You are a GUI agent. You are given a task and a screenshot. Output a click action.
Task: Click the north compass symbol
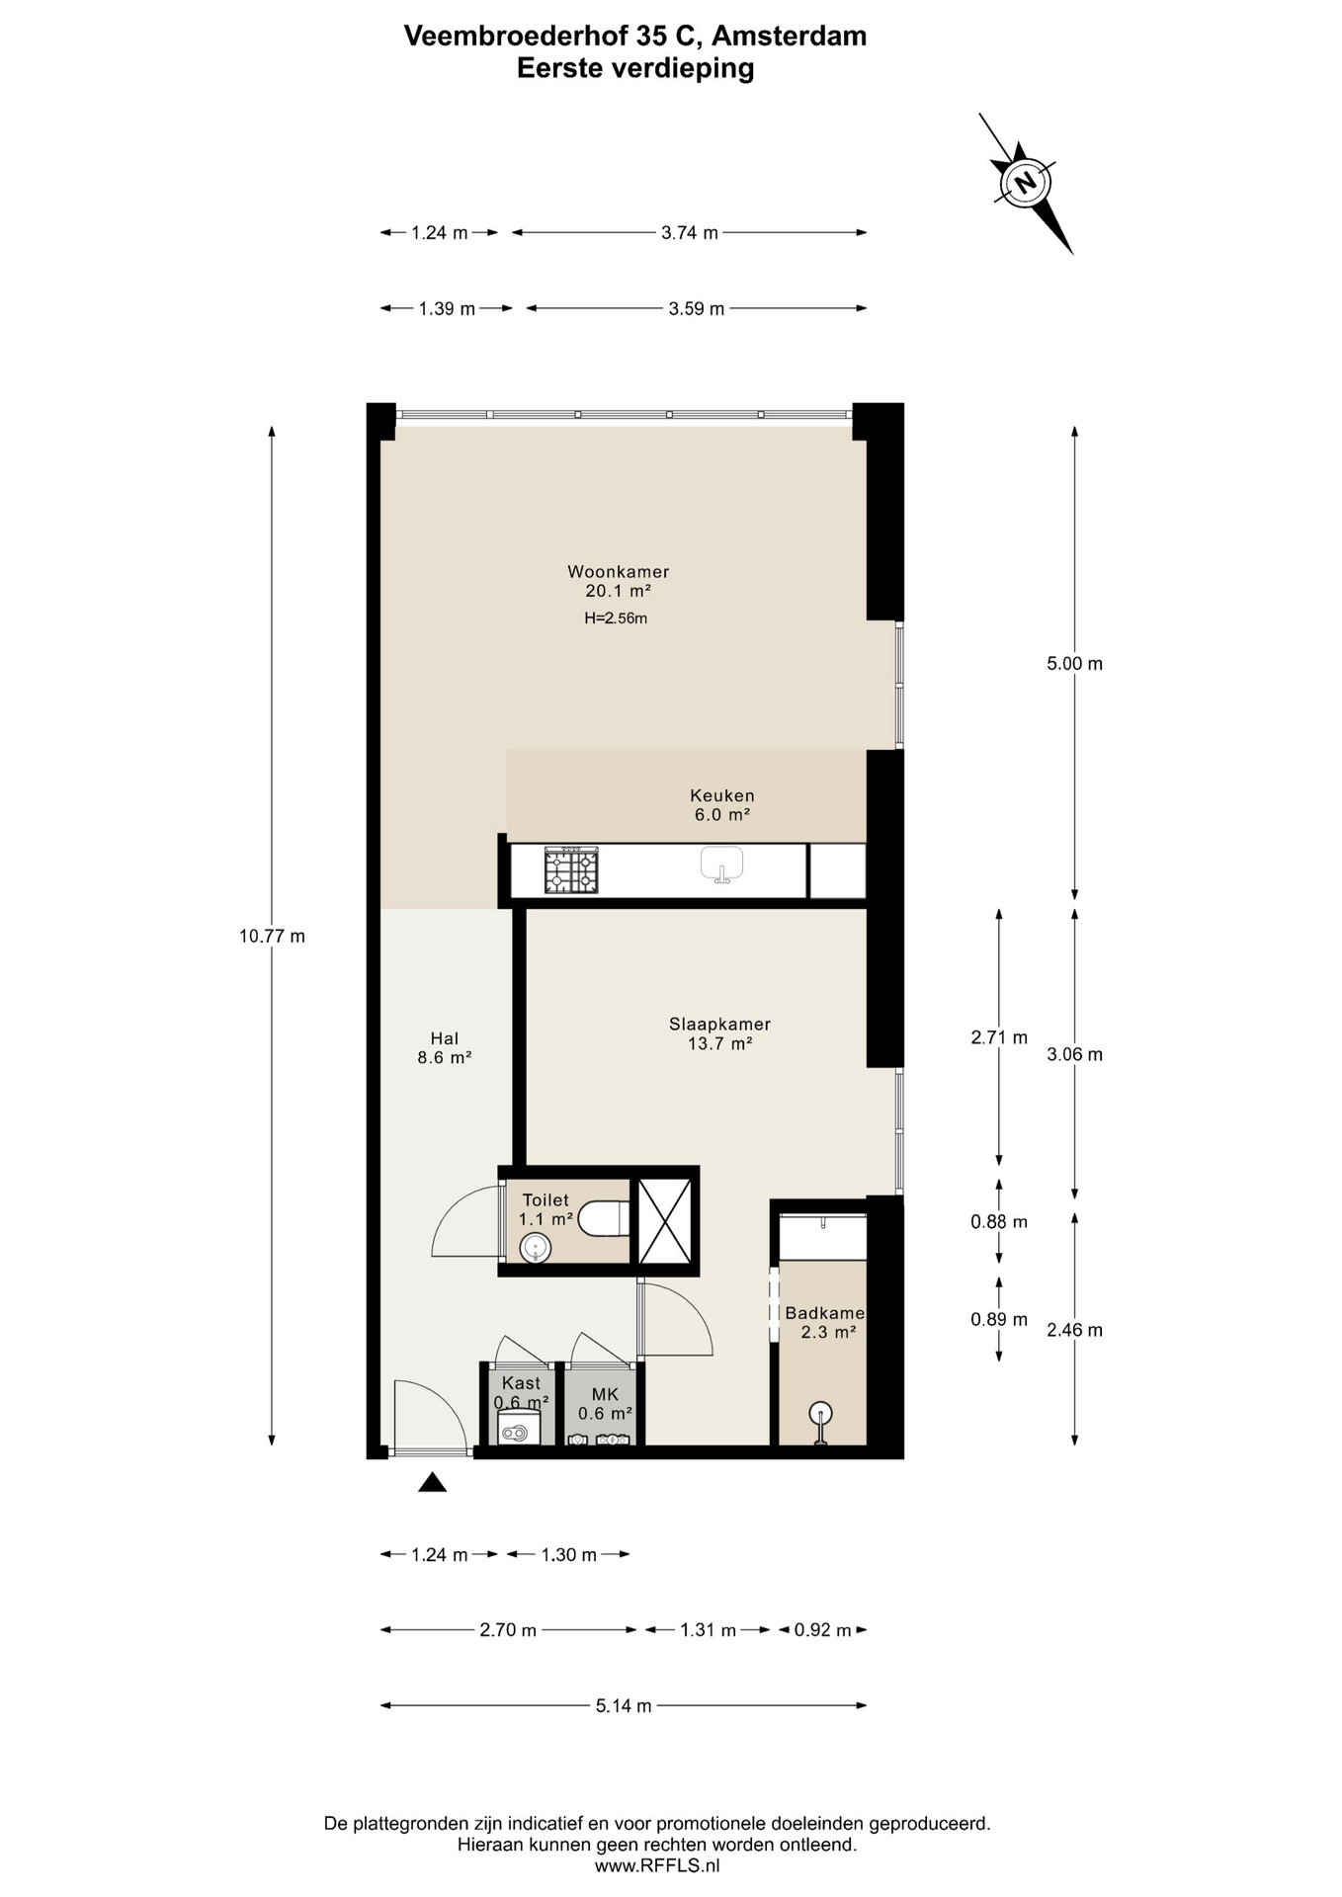coord(1025,183)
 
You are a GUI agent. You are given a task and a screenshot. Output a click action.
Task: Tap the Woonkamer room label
coord(619,572)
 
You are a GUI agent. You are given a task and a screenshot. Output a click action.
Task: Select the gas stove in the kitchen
coord(571,870)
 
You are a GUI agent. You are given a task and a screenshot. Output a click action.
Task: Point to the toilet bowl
coord(603,1218)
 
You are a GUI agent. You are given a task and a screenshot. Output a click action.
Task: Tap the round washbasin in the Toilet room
coord(535,1249)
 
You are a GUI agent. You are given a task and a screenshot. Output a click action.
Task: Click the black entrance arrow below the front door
coord(432,1482)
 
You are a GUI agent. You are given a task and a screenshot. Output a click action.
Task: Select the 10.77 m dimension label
coord(272,936)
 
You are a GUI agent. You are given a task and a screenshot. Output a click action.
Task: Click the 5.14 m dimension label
coord(624,1705)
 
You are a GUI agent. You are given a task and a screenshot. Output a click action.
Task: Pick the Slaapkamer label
coord(719,1025)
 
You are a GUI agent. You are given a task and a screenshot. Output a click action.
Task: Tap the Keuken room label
coord(722,795)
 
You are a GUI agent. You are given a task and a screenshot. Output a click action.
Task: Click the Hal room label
coord(445,1038)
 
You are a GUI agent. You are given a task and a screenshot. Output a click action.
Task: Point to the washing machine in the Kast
coord(519,1428)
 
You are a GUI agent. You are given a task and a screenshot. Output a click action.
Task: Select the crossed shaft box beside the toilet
coord(665,1221)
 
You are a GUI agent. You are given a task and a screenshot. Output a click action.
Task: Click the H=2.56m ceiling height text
coord(616,619)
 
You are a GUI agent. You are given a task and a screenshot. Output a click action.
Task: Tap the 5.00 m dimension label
coord(1075,664)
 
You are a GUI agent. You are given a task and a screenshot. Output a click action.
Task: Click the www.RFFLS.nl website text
coord(657,1866)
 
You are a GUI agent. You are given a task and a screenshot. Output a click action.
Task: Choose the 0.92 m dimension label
coord(822,1630)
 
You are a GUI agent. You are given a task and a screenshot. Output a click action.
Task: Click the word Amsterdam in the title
coord(789,37)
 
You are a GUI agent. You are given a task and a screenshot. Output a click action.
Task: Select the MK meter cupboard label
coord(605,1394)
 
